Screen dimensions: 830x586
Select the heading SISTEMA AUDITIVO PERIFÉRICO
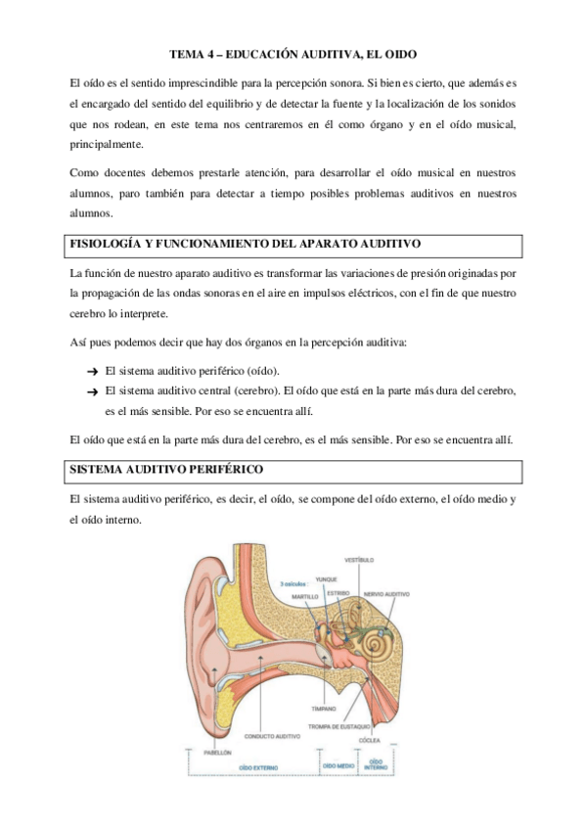coord(167,470)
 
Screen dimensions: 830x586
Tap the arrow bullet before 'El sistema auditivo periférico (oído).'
coord(91,371)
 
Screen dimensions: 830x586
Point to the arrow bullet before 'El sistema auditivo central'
coord(91,391)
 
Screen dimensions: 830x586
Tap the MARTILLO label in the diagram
coord(305,595)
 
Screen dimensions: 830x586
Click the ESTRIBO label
coord(338,593)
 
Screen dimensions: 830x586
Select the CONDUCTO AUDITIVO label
coord(272,736)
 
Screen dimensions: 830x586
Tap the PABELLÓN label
coord(217,752)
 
